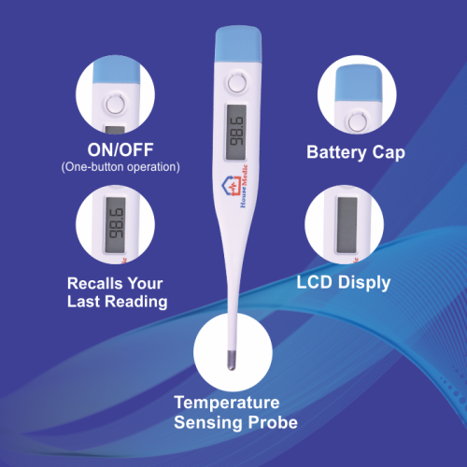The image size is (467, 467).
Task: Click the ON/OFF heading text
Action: click(120, 149)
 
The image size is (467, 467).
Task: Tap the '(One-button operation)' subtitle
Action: click(120, 167)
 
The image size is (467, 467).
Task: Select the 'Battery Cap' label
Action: click(356, 152)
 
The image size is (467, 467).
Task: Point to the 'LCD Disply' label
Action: click(344, 283)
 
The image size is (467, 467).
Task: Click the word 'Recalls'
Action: click(94, 283)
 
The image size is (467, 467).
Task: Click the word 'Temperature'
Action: click(227, 403)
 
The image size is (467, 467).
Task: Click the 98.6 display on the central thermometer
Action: click(236, 132)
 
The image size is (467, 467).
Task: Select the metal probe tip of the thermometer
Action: click(232, 361)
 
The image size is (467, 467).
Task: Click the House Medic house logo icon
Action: click(231, 187)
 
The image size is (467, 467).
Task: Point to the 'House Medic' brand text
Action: click(245, 186)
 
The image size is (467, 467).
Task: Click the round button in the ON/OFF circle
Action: click(116, 104)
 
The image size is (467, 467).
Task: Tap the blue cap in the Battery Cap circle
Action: click(360, 83)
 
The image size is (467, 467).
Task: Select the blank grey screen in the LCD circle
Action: click(347, 225)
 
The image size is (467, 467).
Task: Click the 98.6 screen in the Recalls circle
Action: click(115, 225)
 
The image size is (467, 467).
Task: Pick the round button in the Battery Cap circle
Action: click(358, 122)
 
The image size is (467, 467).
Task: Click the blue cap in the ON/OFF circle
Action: click(116, 71)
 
